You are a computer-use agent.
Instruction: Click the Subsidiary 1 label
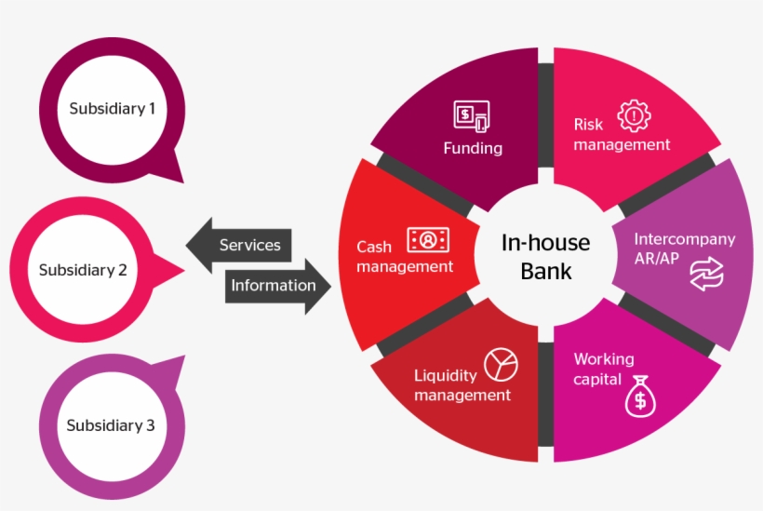(x=113, y=109)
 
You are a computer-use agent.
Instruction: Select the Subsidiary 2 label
(x=83, y=271)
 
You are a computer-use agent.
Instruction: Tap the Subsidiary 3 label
(x=111, y=426)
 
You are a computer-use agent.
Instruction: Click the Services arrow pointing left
(x=240, y=246)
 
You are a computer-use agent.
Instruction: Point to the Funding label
(x=473, y=148)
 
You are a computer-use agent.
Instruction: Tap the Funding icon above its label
(x=472, y=116)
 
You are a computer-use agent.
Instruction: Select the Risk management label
(x=622, y=134)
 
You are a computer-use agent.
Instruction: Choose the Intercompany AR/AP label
(x=684, y=248)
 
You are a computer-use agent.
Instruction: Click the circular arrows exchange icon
(x=706, y=275)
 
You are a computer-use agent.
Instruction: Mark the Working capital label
(x=604, y=369)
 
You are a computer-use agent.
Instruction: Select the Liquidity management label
(x=462, y=385)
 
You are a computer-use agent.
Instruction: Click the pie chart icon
(x=501, y=364)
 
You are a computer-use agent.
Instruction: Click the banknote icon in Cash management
(x=428, y=239)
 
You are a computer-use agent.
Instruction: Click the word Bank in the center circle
(x=546, y=272)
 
